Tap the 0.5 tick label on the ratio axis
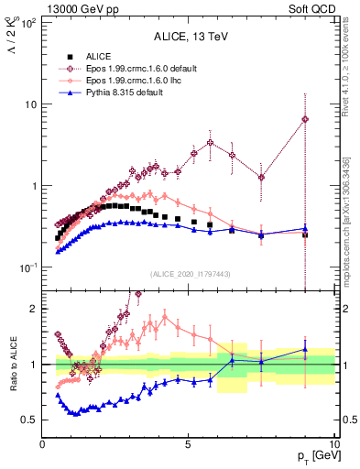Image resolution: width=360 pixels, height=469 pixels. point(30,420)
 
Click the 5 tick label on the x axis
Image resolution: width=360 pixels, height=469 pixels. point(188,443)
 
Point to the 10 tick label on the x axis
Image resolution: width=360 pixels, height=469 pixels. point(333,443)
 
